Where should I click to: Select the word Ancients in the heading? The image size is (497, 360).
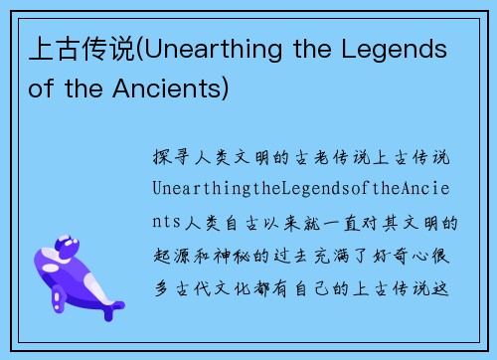[167, 89]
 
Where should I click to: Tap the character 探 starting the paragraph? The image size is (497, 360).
[162, 157]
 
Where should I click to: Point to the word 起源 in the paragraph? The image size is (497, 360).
[175, 255]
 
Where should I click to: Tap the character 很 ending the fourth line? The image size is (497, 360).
[447, 255]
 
